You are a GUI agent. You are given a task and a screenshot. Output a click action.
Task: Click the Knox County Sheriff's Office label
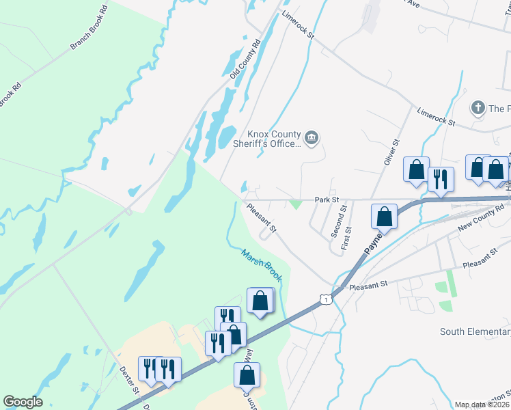click(x=273, y=139)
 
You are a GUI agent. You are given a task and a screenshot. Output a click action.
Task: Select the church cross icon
click(x=478, y=108)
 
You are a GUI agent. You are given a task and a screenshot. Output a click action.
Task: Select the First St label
click(x=348, y=237)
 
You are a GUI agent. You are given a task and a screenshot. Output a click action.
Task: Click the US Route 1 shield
click(x=326, y=299)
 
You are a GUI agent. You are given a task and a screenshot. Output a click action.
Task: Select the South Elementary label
click(x=475, y=332)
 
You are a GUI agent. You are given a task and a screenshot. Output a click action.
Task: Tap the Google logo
click(x=23, y=402)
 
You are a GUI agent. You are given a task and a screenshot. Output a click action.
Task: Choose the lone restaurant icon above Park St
click(x=439, y=179)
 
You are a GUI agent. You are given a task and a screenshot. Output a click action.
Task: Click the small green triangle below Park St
click(x=295, y=204)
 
